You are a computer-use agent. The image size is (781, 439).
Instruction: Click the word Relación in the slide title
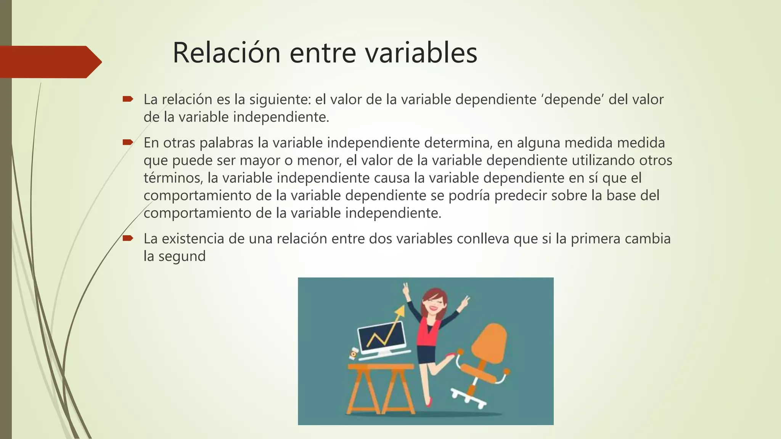[227, 53]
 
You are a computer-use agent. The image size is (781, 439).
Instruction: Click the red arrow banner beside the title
[50, 62]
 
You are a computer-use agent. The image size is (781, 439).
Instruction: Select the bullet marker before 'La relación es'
[127, 99]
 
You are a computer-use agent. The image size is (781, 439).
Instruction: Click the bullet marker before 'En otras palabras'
[127, 143]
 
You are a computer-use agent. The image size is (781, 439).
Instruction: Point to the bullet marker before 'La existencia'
[127, 239]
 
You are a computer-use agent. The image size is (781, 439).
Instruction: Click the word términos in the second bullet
[172, 178]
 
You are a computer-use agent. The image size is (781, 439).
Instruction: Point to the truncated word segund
[182, 256]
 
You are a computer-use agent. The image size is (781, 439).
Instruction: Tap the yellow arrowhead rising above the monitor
[399, 311]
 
